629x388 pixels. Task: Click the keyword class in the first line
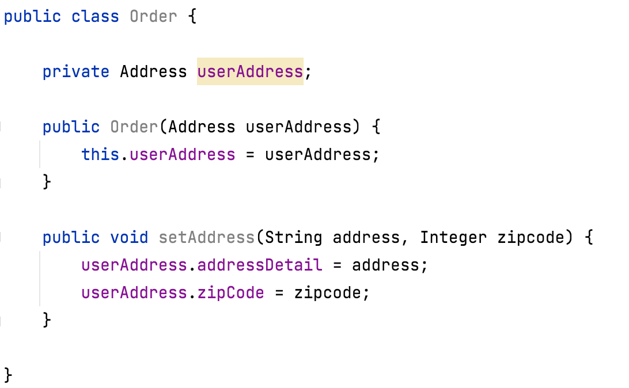(95, 16)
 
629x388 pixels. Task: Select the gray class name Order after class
(153, 16)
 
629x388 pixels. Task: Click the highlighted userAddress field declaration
(250, 71)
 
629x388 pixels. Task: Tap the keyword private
(76, 71)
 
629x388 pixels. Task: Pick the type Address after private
(153, 71)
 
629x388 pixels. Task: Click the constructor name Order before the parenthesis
(134, 127)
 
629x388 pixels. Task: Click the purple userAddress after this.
(182, 154)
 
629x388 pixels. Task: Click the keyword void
(129, 237)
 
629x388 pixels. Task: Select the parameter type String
(294, 237)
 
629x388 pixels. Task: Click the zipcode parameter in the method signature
(531, 237)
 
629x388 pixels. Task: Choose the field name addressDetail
(259, 265)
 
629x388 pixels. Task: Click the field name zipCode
(230, 292)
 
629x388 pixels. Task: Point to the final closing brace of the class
(7, 375)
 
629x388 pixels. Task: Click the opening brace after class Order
(192, 16)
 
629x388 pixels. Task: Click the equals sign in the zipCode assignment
(279, 292)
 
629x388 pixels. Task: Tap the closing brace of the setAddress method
(47, 320)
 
